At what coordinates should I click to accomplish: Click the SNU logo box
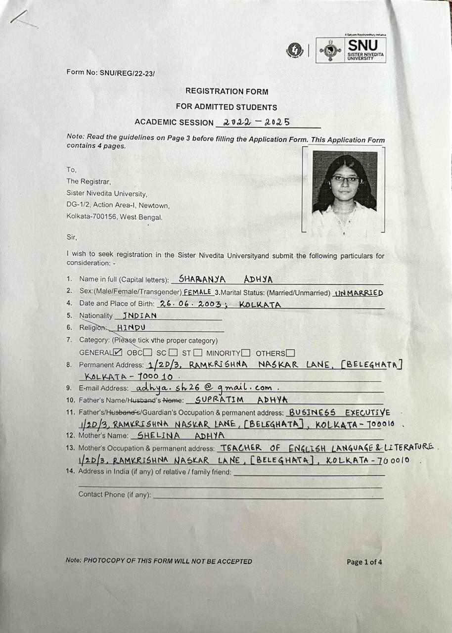[x=351, y=50]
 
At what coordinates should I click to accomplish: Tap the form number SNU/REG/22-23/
[x=111, y=72]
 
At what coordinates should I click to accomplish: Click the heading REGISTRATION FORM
[x=226, y=91]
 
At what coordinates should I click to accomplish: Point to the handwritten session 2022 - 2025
[x=256, y=122]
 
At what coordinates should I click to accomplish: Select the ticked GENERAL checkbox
[x=118, y=353]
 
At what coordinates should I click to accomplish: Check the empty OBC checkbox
[x=147, y=353]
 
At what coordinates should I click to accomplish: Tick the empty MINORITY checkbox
[x=245, y=353]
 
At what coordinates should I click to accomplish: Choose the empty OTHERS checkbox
[x=290, y=353]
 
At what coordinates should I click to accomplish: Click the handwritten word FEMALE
[x=197, y=292]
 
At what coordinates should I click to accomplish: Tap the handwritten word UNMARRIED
[x=359, y=293]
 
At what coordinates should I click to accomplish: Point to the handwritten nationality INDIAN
[x=139, y=316]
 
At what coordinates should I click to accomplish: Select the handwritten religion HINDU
[x=131, y=327]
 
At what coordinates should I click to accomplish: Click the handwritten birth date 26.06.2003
[x=191, y=305]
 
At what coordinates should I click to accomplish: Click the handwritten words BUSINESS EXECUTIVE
[x=339, y=412]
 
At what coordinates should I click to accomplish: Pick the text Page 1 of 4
[x=364, y=562]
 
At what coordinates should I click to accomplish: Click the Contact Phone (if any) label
[x=115, y=494]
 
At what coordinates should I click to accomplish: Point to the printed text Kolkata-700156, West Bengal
[x=114, y=217]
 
